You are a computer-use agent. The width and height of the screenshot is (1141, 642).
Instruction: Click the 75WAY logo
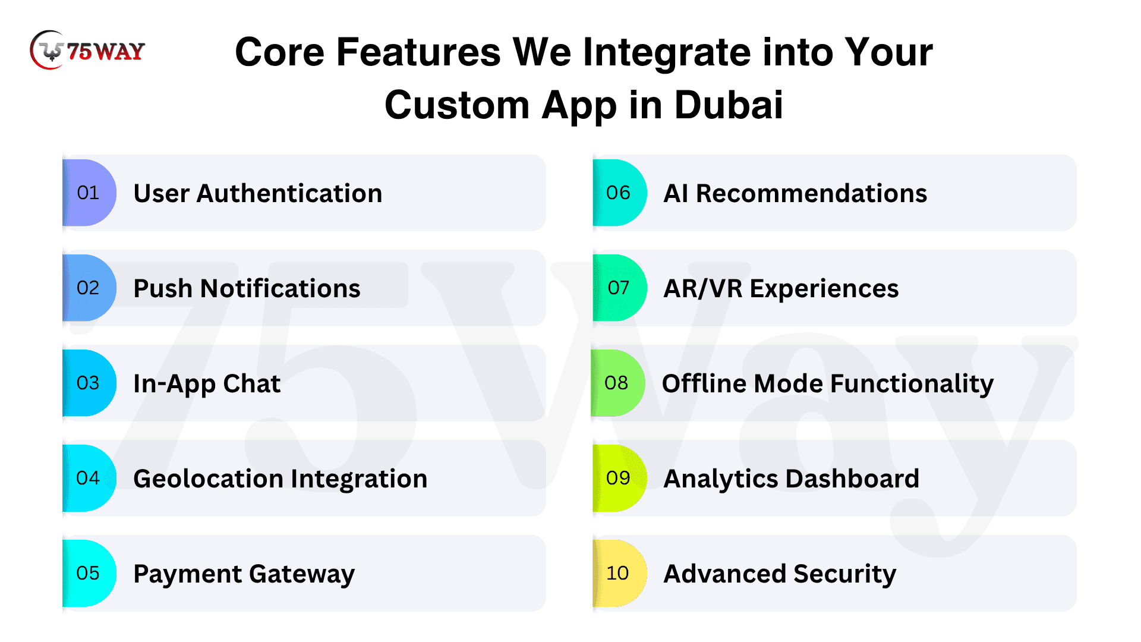[87, 50]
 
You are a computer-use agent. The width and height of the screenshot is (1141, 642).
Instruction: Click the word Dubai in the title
[729, 105]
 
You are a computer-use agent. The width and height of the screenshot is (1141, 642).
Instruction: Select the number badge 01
[89, 193]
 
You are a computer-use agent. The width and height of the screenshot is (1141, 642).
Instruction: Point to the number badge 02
[89, 288]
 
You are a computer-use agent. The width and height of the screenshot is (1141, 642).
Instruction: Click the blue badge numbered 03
[89, 383]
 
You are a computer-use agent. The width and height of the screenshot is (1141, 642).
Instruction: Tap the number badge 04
[89, 478]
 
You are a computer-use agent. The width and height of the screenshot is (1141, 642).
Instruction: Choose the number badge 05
[89, 573]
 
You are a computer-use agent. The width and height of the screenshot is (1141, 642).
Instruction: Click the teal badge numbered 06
[619, 193]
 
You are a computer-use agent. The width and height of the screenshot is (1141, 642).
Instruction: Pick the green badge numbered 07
[619, 288]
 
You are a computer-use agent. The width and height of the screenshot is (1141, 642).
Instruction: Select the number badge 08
[617, 383]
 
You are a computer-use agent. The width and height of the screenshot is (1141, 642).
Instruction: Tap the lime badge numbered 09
[619, 478]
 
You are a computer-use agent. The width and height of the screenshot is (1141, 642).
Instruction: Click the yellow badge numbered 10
[619, 573]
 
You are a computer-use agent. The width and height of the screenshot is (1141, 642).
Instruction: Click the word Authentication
[289, 193]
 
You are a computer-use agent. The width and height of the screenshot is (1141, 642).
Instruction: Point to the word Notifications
[280, 288]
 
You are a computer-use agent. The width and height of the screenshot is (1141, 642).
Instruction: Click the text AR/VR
[703, 289]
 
